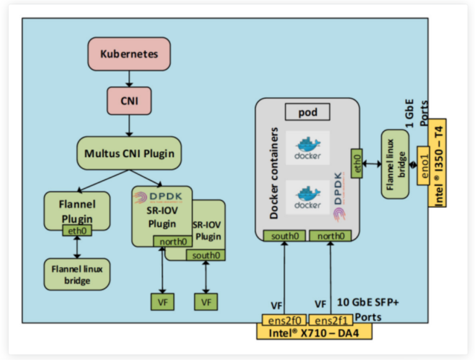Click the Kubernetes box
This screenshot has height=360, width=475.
pos(129,54)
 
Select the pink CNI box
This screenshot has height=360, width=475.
pos(129,99)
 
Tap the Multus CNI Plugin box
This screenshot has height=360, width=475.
pos(129,153)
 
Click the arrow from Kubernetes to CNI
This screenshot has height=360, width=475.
pos(129,77)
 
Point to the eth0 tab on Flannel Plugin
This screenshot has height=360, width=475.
pos(76,231)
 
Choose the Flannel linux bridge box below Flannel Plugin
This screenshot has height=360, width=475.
pos(77,272)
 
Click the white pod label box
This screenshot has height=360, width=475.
pos(307,112)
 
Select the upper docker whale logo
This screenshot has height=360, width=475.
pos(307,147)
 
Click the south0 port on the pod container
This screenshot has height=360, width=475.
pos(281,235)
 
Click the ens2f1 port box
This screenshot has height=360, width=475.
pos(329,320)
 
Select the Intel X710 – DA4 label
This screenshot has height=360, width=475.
pos(314,333)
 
